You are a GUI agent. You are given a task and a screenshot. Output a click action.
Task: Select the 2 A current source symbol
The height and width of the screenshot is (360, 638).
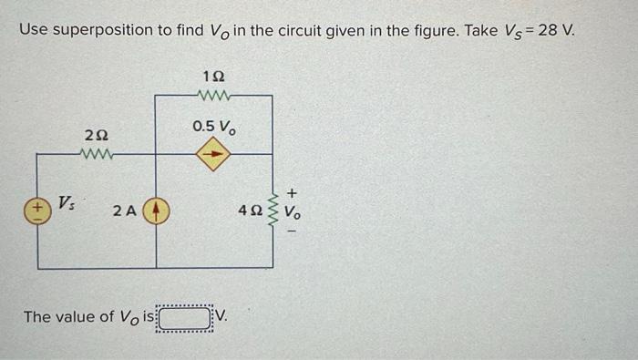pyautogui.click(x=156, y=211)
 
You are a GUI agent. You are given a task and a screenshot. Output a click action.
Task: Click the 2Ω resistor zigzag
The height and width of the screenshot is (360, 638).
pyautogui.click(x=96, y=153)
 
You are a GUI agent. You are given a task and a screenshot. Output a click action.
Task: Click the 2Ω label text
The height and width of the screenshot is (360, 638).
pyautogui.click(x=95, y=136)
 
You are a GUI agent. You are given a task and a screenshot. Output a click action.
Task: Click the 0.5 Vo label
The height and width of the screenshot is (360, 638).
pyautogui.click(x=214, y=126)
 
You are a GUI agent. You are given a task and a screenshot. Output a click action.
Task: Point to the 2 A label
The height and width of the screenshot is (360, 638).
pyautogui.click(x=125, y=212)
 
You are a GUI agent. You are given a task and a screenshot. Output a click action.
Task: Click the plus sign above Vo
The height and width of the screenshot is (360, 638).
pyautogui.click(x=292, y=193)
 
